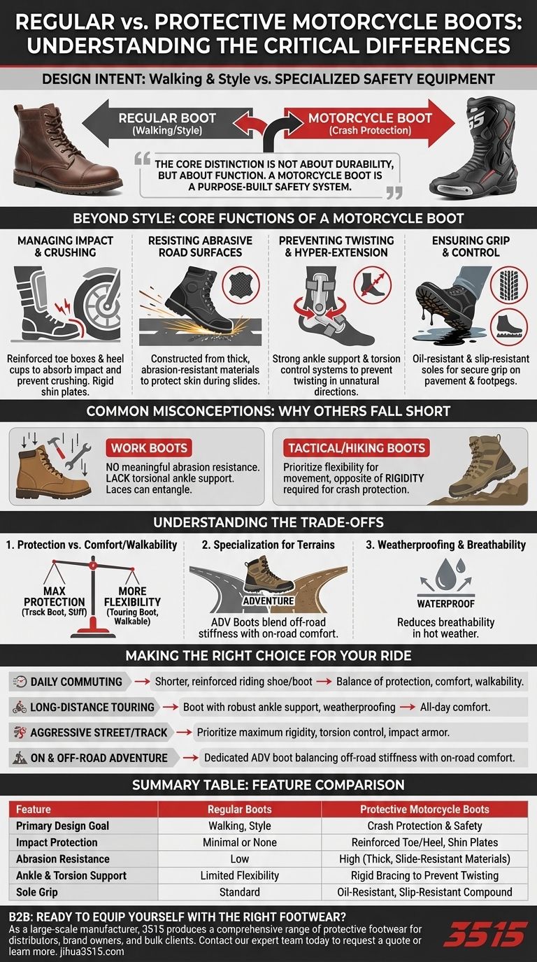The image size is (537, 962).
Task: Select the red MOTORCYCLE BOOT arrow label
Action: click(x=359, y=124)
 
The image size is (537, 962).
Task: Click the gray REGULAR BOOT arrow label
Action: click(x=168, y=124)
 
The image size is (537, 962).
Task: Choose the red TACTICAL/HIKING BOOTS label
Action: click(x=355, y=448)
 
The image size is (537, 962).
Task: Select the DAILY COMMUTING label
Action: click(x=76, y=682)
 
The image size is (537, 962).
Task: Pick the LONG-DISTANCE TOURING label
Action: click(x=92, y=707)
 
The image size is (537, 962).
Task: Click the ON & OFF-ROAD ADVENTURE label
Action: click(x=99, y=757)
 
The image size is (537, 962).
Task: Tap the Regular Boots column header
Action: click(x=240, y=809)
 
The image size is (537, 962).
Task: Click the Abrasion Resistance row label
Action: click(x=63, y=859)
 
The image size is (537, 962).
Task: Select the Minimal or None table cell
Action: click(x=240, y=842)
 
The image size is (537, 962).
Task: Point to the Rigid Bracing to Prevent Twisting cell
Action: click(x=425, y=875)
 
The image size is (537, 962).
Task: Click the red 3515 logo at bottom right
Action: click(x=485, y=934)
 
